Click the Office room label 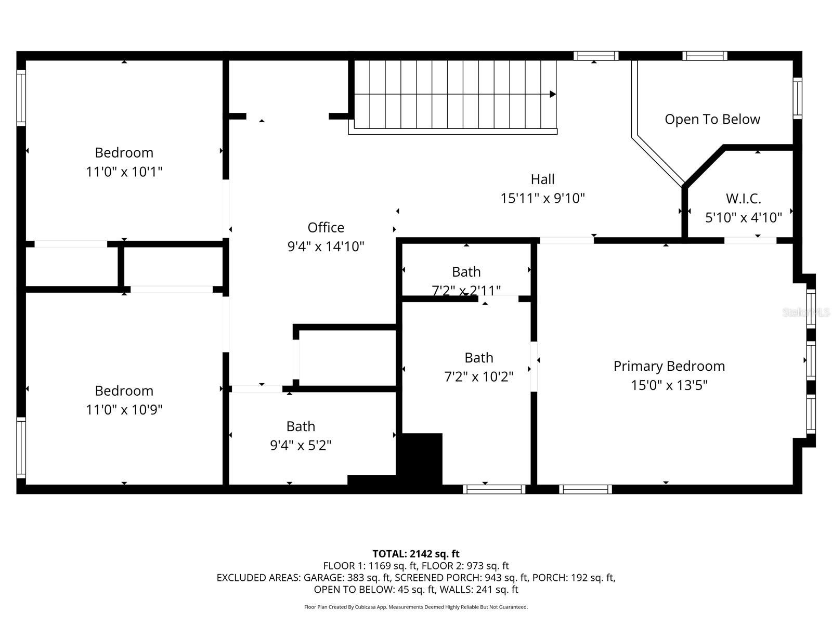(326, 228)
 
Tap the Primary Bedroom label (669, 366)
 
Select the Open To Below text (712, 119)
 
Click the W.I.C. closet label (743, 199)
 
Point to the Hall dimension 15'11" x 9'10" (542, 198)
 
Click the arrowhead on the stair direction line (553, 94)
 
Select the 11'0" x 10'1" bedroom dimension (124, 172)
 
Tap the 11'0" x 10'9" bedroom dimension (124, 410)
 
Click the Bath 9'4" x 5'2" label (301, 426)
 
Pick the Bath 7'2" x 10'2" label (478, 358)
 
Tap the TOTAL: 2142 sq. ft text (415, 554)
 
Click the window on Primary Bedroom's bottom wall (585, 489)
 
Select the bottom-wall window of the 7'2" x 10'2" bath (494, 489)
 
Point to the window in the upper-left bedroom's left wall (21, 98)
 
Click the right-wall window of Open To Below (797, 98)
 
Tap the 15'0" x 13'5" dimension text (669, 385)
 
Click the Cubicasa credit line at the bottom (415, 607)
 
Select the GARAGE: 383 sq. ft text (347, 578)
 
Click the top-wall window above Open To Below (705, 56)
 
